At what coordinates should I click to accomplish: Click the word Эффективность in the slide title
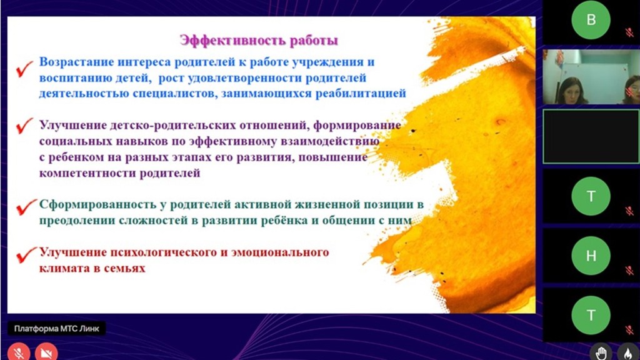[233, 41]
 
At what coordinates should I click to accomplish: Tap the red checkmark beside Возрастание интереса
[24, 69]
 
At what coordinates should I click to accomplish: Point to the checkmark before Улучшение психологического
[26, 255]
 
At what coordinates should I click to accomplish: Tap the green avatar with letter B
[591, 20]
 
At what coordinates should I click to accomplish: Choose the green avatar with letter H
[591, 256]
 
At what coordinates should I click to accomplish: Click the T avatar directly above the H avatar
[591, 196]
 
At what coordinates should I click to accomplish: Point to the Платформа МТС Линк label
[57, 329]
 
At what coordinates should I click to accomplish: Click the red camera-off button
[46, 352]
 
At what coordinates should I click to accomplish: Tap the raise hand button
[601, 352]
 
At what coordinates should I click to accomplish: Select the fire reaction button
[627, 352]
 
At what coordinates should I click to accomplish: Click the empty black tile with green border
[591, 136]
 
